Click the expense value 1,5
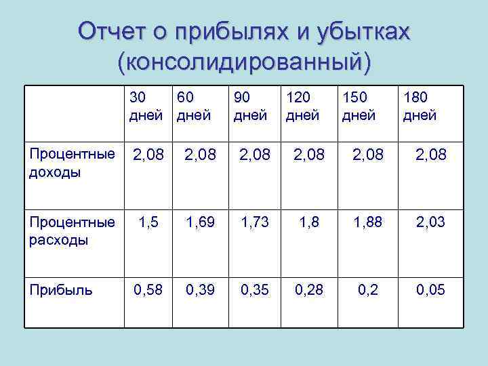pos(149,222)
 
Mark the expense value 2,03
pos(430,222)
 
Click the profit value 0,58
pos(149,291)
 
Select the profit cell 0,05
pos(430,291)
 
